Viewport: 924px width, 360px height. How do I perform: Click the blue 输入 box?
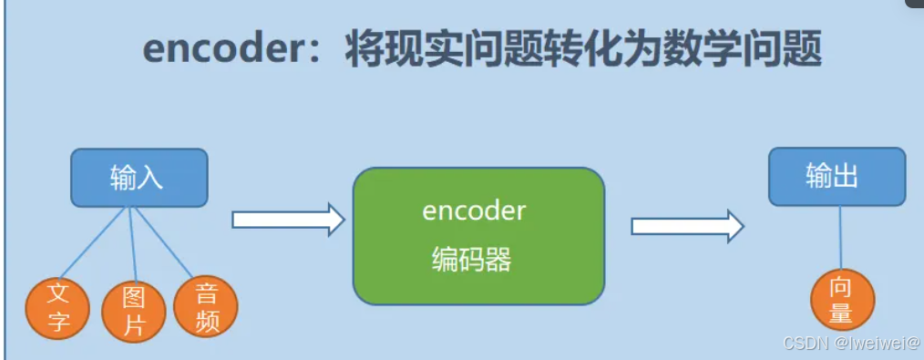pos(139,177)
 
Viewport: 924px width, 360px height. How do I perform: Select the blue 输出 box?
pos(836,176)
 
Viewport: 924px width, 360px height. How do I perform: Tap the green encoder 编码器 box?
pos(478,236)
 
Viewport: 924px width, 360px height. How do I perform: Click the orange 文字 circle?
pos(58,308)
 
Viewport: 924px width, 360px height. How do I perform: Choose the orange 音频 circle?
pos(205,307)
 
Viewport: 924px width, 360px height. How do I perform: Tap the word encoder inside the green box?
pos(474,211)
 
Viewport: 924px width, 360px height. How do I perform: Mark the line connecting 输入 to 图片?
pos(133,243)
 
